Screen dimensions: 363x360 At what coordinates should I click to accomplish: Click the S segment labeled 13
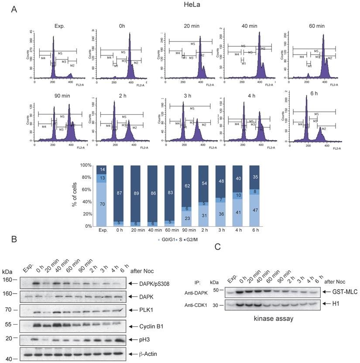pos(101,178)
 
